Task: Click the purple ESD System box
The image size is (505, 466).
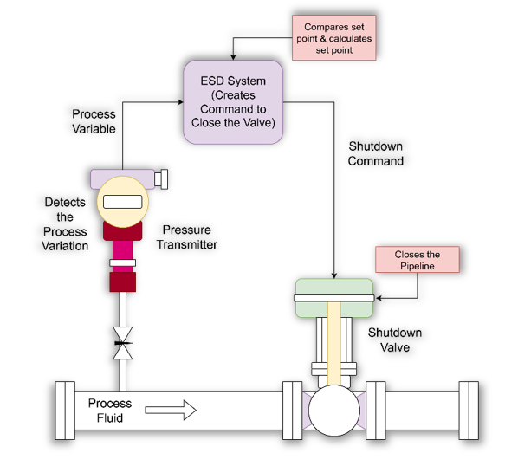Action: coord(233,101)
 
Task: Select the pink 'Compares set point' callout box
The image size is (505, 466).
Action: coord(334,38)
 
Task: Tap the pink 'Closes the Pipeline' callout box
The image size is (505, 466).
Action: coord(418,260)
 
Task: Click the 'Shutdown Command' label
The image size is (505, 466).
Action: coord(376,153)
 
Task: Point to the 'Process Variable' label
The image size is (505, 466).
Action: coord(94,121)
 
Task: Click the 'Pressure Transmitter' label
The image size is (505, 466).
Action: coord(187,237)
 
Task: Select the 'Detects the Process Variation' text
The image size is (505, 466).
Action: coord(65,224)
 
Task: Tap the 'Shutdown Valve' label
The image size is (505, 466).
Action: coord(395,340)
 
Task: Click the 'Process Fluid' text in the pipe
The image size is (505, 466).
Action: coord(110,411)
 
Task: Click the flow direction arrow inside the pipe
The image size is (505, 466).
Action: coord(171,411)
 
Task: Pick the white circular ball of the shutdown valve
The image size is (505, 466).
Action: coord(334,411)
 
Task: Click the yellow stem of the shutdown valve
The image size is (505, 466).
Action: coord(334,343)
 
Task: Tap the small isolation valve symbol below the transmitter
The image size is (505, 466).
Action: coord(123,343)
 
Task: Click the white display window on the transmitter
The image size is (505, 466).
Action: coord(123,202)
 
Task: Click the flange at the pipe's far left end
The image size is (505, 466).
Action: coord(65,411)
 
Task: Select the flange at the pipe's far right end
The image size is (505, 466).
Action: coord(469,411)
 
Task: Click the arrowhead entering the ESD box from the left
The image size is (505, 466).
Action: coord(181,102)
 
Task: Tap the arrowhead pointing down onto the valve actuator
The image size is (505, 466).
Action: coord(334,276)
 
